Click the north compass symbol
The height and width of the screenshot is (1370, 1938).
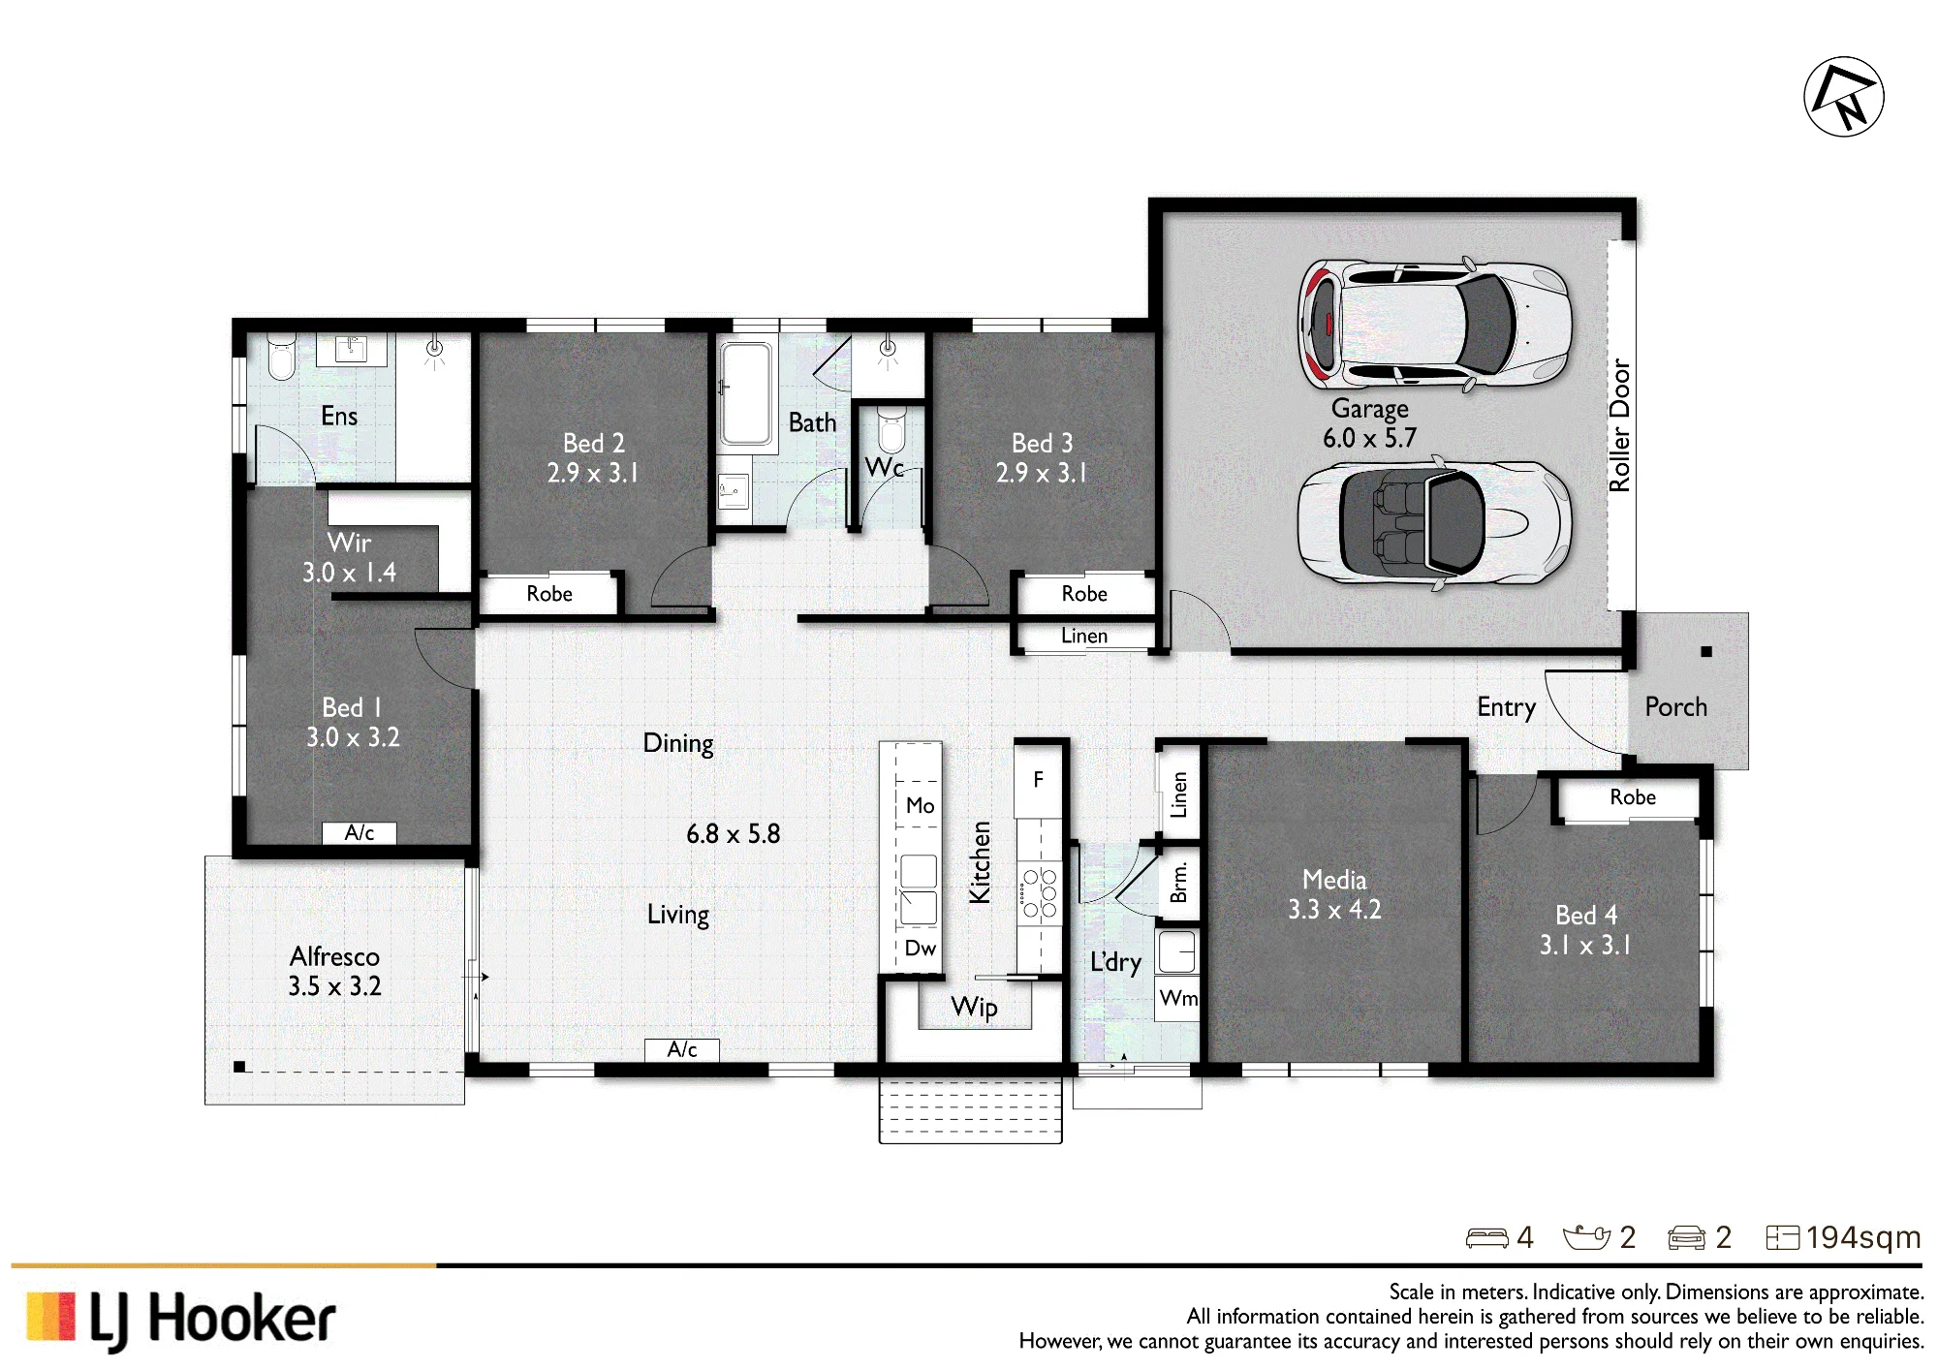(x=1843, y=97)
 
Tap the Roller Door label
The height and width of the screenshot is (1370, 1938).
(x=1619, y=425)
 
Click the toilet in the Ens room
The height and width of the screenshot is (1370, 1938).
(x=281, y=357)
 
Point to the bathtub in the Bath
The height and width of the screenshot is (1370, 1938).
(x=746, y=393)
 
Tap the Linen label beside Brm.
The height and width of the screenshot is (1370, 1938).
(x=1178, y=794)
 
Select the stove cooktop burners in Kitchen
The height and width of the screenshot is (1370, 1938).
(x=1039, y=892)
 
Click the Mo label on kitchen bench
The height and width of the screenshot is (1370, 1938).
(x=920, y=805)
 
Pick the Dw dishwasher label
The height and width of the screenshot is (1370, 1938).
(x=920, y=948)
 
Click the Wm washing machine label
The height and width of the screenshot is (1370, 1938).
(x=1178, y=998)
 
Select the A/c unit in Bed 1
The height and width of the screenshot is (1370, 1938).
(x=359, y=832)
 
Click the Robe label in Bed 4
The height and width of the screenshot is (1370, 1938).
(x=1633, y=797)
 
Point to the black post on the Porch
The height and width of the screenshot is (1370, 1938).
(x=1706, y=652)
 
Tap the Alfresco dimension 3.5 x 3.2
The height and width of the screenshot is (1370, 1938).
(x=334, y=986)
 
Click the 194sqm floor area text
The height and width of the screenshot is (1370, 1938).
(x=1862, y=1237)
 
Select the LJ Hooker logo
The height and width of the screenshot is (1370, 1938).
(x=181, y=1320)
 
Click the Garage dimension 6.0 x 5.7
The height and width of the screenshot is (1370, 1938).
(x=1369, y=438)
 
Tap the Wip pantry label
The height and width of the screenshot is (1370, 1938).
(x=974, y=1007)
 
